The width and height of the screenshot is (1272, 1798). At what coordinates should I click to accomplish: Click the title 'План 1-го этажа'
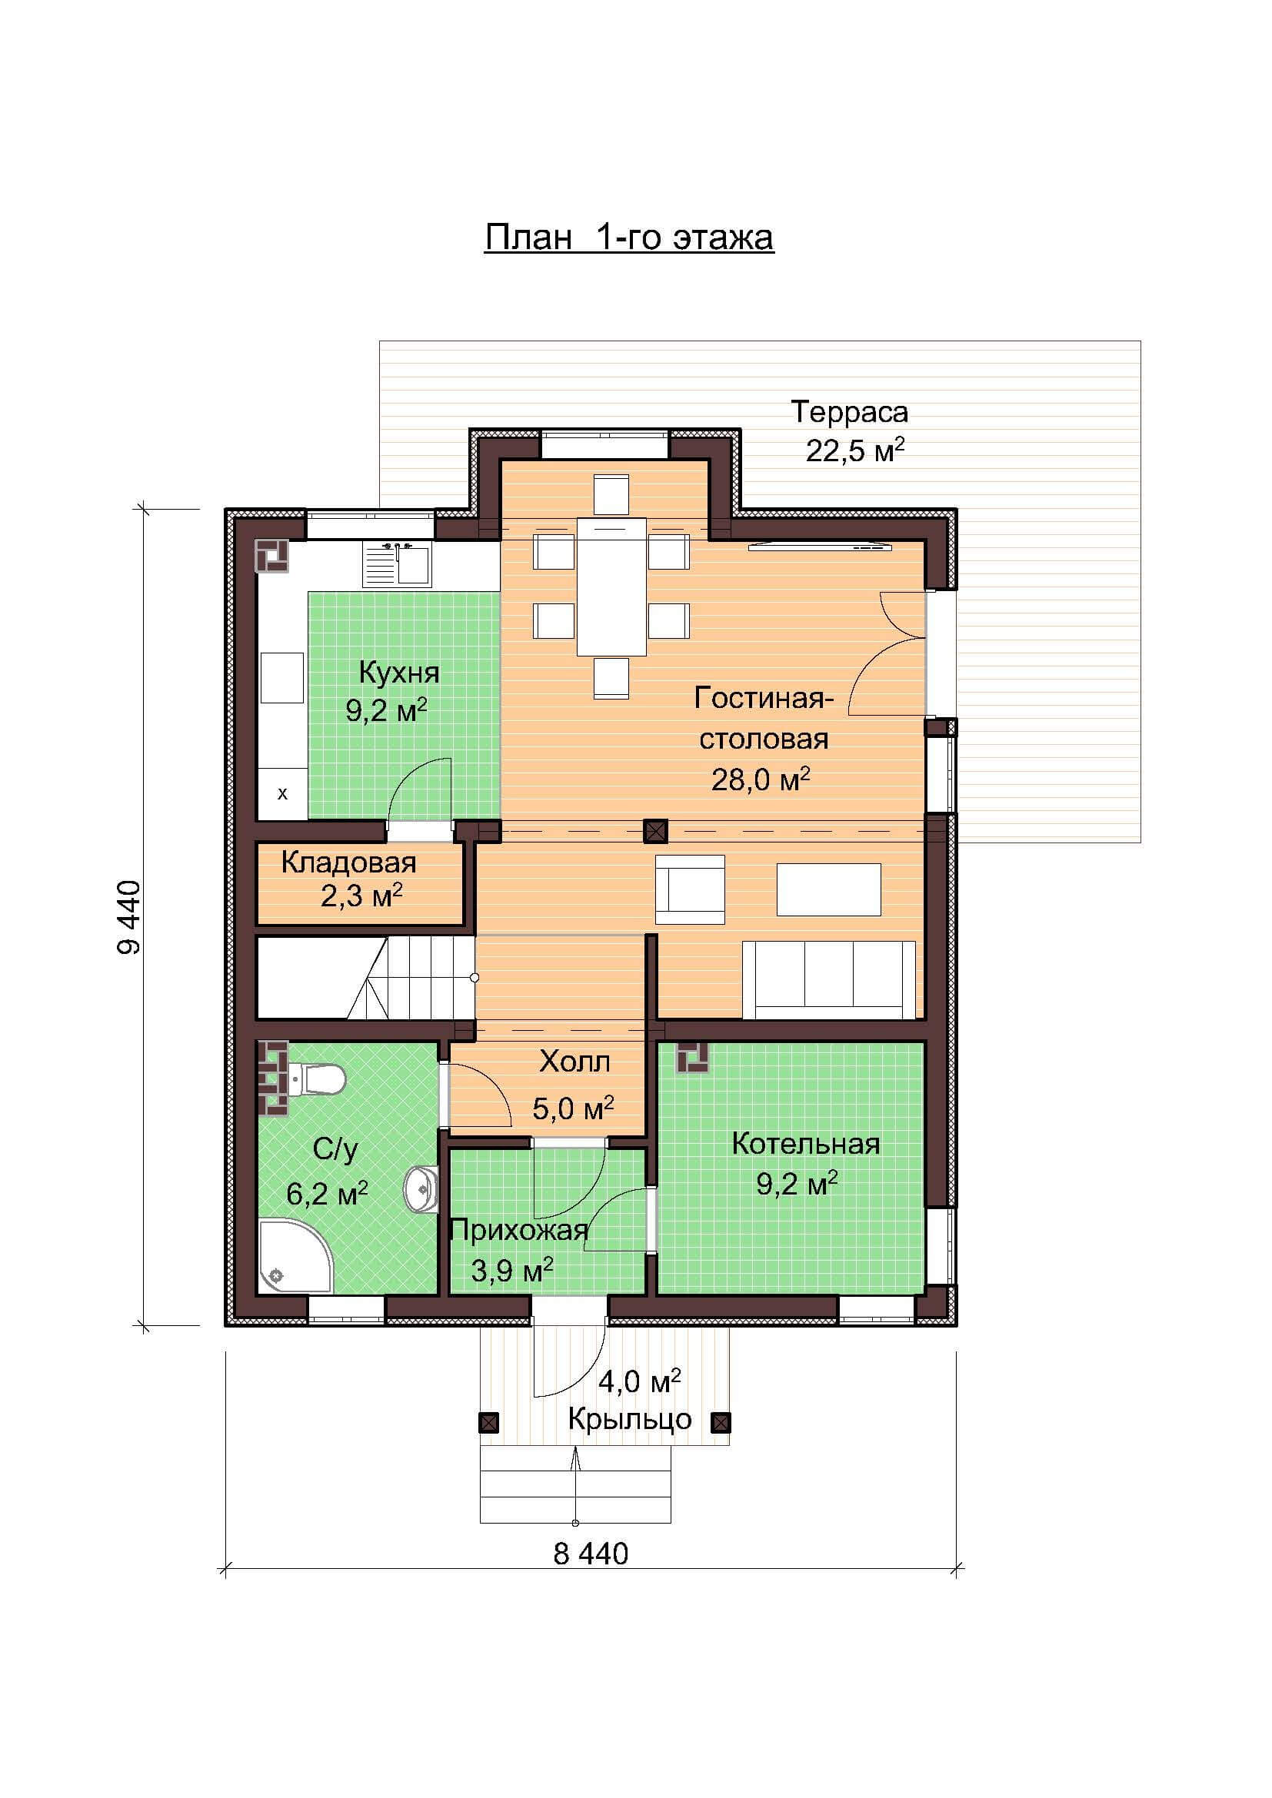point(629,238)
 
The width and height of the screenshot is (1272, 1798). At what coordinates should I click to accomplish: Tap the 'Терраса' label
point(849,412)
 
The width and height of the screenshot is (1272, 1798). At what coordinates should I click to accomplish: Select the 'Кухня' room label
point(398,672)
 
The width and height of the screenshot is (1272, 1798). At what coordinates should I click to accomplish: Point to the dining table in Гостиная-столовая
point(611,586)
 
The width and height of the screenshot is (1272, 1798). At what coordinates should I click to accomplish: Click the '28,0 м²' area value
point(761,779)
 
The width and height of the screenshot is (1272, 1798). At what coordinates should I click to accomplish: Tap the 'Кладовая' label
point(348,862)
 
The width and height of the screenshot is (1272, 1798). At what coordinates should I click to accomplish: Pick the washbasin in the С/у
point(421,1189)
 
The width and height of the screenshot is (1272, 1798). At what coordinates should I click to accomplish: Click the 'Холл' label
point(574,1062)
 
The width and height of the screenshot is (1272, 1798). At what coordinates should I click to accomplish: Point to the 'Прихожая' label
point(519,1230)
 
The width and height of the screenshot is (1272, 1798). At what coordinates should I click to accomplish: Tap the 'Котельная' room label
point(805,1144)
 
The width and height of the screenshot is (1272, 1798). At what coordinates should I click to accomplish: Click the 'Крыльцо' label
point(630,1418)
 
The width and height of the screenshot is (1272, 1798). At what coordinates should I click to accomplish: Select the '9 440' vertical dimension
point(129,917)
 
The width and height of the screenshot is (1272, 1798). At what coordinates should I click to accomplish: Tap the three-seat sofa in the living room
point(829,979)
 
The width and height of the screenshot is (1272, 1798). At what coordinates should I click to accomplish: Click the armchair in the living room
point(690,889)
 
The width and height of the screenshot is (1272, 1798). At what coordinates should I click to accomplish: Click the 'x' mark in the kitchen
point(283,793)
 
